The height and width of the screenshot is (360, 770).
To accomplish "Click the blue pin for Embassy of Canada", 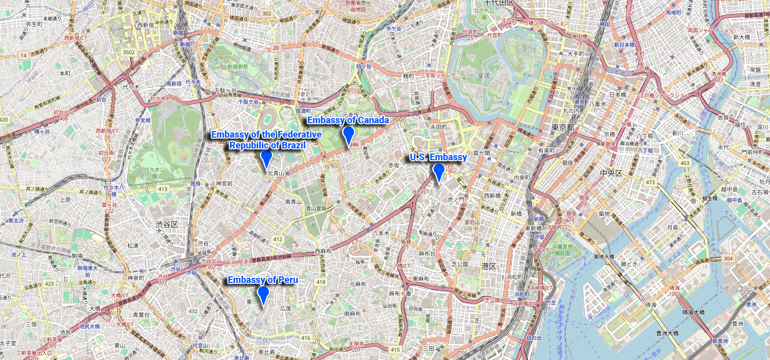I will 349,136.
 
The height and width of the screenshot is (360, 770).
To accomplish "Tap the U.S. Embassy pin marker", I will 438,172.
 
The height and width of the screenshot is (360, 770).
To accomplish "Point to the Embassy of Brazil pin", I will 266,159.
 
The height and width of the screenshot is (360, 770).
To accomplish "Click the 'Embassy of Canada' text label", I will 348,120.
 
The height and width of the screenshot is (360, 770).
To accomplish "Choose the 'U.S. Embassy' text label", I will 438,157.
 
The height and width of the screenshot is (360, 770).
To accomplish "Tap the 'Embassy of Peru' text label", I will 262,280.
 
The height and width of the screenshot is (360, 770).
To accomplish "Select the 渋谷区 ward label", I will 167,224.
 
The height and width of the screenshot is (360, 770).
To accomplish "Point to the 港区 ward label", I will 489,266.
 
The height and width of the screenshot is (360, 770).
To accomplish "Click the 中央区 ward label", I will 611,173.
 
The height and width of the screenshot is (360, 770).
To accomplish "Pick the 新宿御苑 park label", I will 238,66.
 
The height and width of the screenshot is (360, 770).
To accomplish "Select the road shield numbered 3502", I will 129,52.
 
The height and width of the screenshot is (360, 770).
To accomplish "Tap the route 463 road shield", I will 684,163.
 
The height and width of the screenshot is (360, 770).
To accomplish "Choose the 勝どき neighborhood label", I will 629,264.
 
